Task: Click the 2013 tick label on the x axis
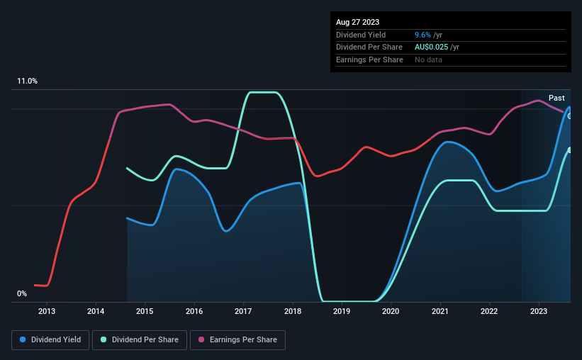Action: click(x=47, y=311)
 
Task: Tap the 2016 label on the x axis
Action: click(x=194, y=311)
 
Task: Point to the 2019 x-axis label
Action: click(x=342, y=311)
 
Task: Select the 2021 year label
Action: click(x=440, y=311)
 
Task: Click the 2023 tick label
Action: click(x=539, y=311)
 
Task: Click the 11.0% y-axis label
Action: click(x=27, y=81)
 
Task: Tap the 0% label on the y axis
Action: click(x=22, y=293)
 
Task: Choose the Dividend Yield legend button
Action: click(x=50, y=340)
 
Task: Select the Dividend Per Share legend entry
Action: click(x=140, y=340)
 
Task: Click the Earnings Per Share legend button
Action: click(x=237, y=340)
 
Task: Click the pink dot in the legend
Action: click(x=201, y=339)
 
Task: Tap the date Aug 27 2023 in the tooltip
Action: click(x=357, y=22)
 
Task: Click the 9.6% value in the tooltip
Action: click(x=422, y=35)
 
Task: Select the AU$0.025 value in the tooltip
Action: click(x=431, y=47)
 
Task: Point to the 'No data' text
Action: click(x=428, y=60)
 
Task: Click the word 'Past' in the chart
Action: click(x=556, y=98)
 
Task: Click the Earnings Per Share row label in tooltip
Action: click(x=369, y=60)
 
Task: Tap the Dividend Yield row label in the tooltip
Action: click(x=361, y=35)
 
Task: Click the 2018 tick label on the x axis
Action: click(x=293, y=311)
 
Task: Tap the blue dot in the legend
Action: click(x=23, y=339)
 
